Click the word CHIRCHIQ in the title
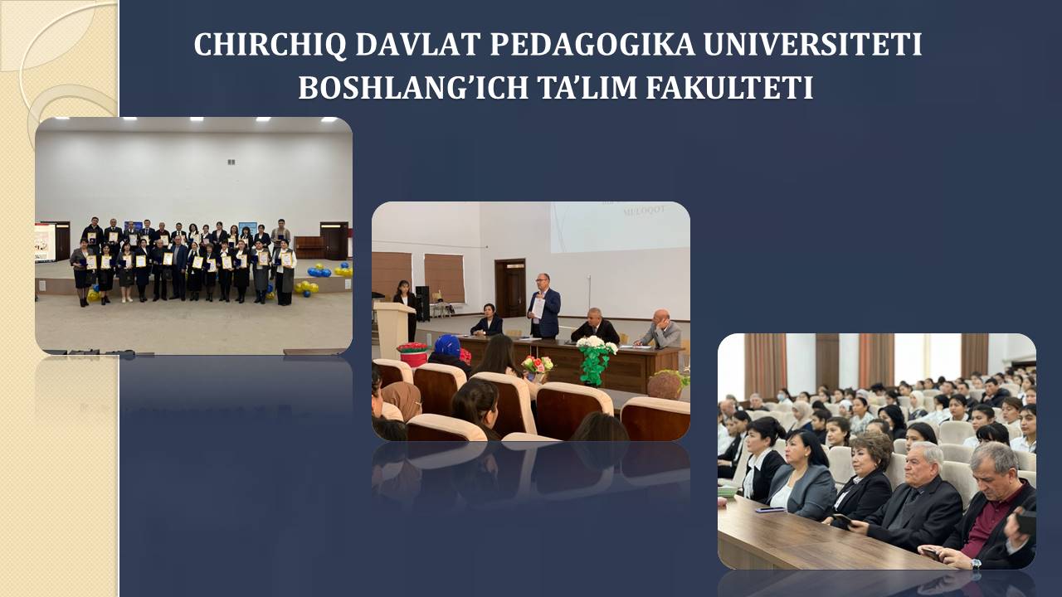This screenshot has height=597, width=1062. [270, 45]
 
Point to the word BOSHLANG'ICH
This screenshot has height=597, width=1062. [413, 88]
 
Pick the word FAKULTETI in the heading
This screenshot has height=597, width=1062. [729, 88]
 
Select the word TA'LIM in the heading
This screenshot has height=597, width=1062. [587, 88]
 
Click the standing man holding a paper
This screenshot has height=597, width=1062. [544, 306]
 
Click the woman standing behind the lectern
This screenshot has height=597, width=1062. [406, 308]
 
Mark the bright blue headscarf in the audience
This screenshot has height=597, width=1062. [447, 346]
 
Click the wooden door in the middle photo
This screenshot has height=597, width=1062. [510, 288]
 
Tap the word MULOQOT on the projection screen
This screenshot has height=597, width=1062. [645, 211]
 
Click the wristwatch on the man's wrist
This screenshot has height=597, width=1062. [975, 564]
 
